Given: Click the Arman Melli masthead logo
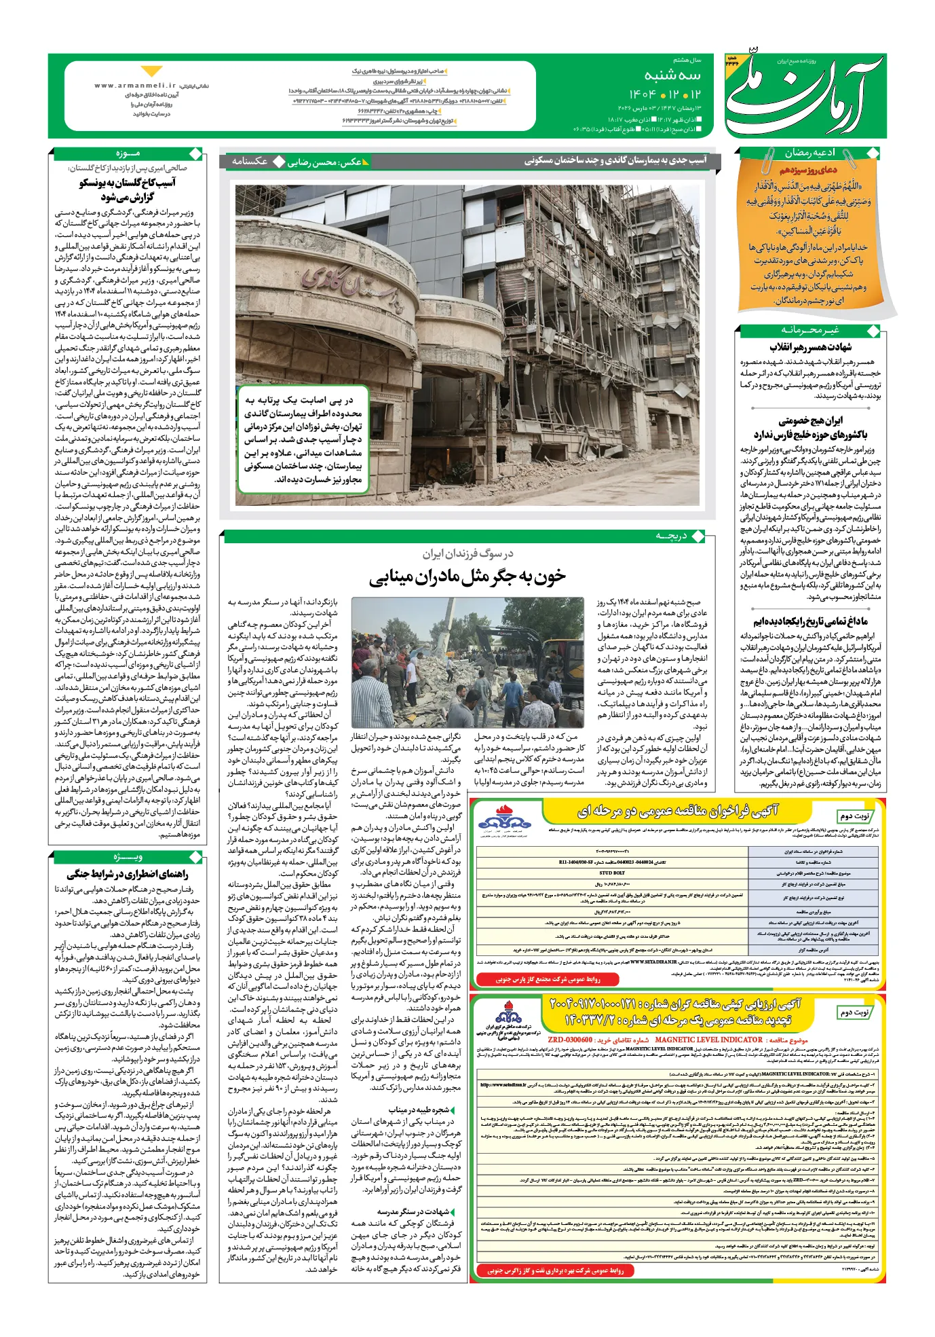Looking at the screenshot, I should (803, 95).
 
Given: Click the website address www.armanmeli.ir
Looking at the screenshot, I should (135, 86).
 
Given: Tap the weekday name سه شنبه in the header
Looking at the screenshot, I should (672, 75).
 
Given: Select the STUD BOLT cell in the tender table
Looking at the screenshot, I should (612, 873).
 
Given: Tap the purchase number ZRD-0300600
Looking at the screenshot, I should (570, 1040).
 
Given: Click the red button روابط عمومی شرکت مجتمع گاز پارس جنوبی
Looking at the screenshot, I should (548, 978).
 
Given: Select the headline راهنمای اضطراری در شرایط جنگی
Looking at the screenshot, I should (127, 875).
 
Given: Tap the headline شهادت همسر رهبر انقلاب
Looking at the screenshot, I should (810, 347).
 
